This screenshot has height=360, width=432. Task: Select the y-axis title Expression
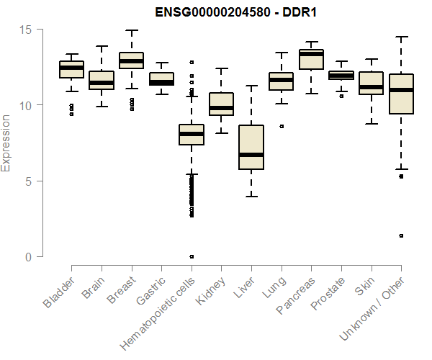point(6,143)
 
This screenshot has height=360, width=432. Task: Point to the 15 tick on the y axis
point(27,30)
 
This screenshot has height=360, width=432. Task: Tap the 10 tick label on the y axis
point(27,105)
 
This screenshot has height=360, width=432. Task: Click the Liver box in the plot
point(251,147)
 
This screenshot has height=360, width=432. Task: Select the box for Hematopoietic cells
point(192,135)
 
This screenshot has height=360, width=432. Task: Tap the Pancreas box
point(311,59)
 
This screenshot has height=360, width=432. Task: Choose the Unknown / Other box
point(401,94)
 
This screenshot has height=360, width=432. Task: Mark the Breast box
point(131,60)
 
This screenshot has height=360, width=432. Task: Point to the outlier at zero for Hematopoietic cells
point(192,256)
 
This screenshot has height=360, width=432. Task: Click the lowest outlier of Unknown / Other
point(401,235)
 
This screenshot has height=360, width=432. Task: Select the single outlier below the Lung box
point(282,126)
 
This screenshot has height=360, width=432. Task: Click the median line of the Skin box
point(372,87)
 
